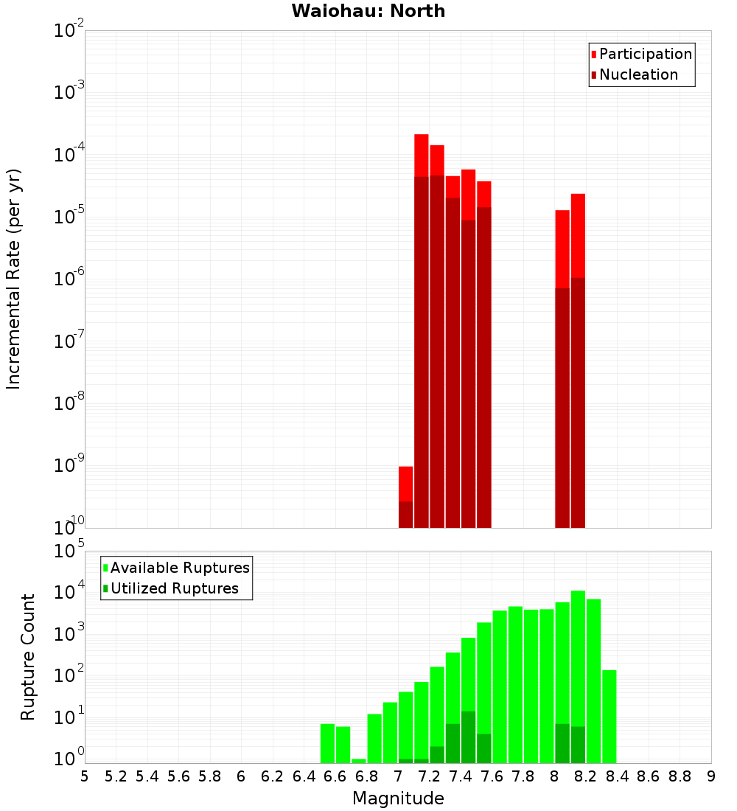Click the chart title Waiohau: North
368,11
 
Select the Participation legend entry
645,54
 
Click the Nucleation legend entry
638,74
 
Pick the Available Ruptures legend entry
179,568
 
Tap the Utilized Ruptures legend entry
174,588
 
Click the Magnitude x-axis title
398,798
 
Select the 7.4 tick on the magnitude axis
461,776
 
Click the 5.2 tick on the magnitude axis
116,776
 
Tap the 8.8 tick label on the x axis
680,776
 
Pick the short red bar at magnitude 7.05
405,483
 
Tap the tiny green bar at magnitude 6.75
359,761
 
